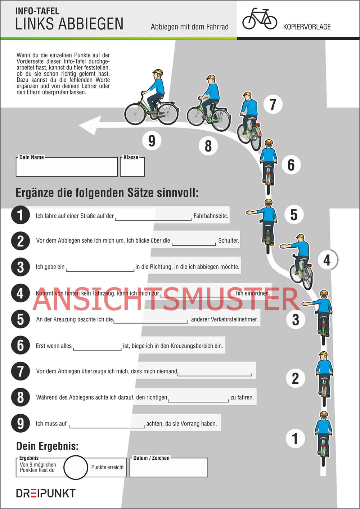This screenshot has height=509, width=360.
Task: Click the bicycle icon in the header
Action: tap(260, 19)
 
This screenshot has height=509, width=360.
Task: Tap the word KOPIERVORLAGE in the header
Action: tap(307, 27)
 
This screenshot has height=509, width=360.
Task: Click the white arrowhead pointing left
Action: tap(90, 125)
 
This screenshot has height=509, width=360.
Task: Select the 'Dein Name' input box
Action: tap(67, 167)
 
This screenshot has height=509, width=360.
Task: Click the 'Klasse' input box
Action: tap(132, 167)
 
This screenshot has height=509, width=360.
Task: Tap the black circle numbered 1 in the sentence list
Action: tap(21, 215)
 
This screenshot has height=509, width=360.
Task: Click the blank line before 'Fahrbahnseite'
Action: tap(153, 220)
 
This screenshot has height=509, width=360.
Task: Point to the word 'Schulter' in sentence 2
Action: tap(229, 240)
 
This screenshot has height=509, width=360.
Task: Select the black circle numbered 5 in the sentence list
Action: tap(21, 319)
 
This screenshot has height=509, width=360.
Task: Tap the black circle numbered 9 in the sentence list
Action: tap(21, 423)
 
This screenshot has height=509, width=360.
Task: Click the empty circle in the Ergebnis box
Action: tap(76, 467)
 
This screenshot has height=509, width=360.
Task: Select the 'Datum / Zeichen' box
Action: tap(168, 467)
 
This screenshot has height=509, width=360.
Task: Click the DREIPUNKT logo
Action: tap(46, 493)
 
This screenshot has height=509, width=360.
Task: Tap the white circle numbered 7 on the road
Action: tap(273, 104)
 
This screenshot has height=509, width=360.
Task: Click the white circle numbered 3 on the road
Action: tap(296, 320)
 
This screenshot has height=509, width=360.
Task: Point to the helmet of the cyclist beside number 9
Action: tap(158, 72)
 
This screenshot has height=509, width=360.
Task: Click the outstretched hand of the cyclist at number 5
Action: tap(249, 212)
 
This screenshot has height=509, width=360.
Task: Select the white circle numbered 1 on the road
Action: tap(295, 438)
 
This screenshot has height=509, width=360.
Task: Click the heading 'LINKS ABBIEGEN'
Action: tap(69, 24)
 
